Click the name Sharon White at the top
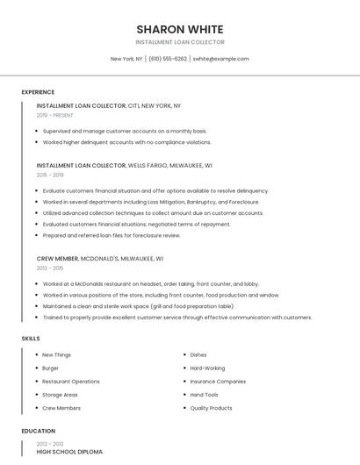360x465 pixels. click(179, 29)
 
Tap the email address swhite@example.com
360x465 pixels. click(220, 59)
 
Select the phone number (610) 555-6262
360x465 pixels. click(168, 59)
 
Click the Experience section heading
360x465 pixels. click(38, 92)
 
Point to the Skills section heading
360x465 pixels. click(31, 338)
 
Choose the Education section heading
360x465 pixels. click(38, 431)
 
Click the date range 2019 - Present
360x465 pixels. click(55, 115)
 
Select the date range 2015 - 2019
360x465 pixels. click(50, 175)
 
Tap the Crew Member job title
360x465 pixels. click(57, 259)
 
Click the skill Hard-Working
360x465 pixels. click(207, 368)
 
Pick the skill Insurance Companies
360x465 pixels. click(218, 382)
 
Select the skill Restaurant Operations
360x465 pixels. click(71, 382)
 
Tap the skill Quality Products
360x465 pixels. click(211, 408)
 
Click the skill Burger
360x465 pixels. click(51, 368)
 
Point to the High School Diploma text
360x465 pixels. click(69, 451)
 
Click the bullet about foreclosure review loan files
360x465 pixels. click(112, 235)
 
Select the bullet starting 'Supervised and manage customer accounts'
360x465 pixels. click(125, 131)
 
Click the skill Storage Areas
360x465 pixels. click(60, 395)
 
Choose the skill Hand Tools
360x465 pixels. click(204, 395)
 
